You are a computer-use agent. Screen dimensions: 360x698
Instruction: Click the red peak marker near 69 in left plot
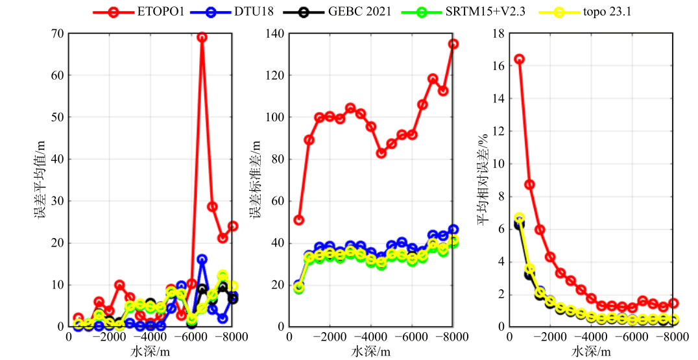pos(202,38)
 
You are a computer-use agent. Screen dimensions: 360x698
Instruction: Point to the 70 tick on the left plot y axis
pos(57,33)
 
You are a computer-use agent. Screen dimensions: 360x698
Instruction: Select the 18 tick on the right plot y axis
pos(498,33)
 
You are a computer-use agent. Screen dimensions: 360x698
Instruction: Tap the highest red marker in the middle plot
pos(453,44)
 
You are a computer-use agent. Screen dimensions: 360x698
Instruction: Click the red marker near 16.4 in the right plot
pos(519,59)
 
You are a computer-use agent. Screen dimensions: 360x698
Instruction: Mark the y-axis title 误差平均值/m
pos(41,180)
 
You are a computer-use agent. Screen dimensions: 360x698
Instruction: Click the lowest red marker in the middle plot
pos(298,220)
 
